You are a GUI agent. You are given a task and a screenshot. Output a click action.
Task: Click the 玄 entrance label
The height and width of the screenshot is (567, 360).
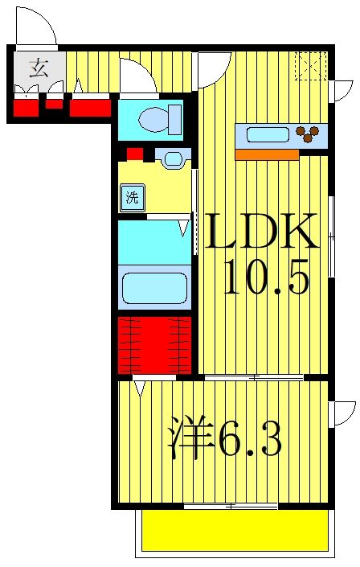pyautogui.click(x=36, y=67)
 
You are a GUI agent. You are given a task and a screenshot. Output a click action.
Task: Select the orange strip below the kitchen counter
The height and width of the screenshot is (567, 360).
pyautogui.click(x=266, y=154)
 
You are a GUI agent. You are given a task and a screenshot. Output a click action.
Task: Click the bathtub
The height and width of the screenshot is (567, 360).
pyautogui.click(x=153, y=288)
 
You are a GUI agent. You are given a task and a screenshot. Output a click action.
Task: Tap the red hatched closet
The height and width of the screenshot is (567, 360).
pyautogui.click(x=153, y=344)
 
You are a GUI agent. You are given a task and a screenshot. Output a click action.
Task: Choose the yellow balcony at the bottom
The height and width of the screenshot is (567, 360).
pyautogui.click(x=235, y=530)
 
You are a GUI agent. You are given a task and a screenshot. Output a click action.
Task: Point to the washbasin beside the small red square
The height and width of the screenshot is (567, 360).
pyautogui.click(x=171, y=158)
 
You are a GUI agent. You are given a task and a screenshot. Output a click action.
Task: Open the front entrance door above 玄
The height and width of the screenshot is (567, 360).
pyautogui.click(x=35, y=27)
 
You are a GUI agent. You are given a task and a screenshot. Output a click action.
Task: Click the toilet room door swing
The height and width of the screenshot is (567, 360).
pyautogui.click(x=137, y=78)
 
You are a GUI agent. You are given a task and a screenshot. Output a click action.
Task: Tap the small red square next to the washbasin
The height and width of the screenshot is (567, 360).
pyautogui.click(x=134, y=154)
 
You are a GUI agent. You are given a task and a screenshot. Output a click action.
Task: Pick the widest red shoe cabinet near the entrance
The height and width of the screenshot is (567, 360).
pyautogui.click(x=90, y=106)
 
